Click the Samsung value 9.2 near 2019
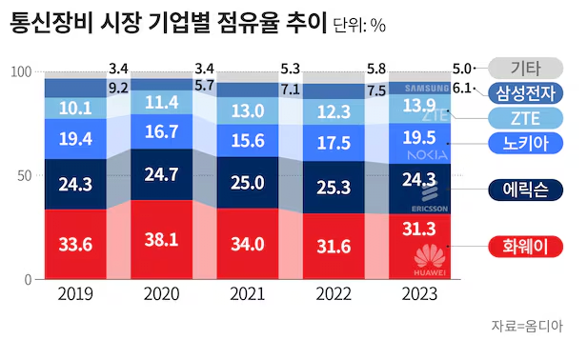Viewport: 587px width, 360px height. tap(119, 88)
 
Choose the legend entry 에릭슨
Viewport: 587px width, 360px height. tap(520, 189)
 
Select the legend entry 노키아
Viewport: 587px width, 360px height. tap(520, 144)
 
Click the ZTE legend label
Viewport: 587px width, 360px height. tap(520, 119)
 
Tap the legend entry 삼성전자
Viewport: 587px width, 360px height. tap(520, 93)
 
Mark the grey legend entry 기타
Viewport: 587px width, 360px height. tap(520, 68)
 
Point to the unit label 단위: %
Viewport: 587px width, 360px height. tap(359, 25)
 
